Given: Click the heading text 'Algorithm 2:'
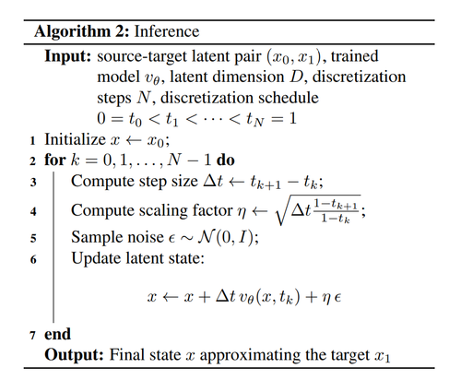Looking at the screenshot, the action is tap(82, 31).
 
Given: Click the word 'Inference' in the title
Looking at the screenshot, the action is tap(167, 31).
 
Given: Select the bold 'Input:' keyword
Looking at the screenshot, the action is tap(68, 56).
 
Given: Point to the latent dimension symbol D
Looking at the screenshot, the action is tap(297, 77).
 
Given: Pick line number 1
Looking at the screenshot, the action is tap(32, 141).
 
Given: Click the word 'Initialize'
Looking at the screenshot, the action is tap(75, 139).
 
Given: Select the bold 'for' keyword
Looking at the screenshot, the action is tap(55, 160).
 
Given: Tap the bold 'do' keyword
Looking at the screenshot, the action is tap(226, 160).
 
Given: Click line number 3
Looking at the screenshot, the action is tap(33, 183).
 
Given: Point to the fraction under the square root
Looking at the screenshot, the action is tap(336, 210).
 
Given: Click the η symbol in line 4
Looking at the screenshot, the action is tap(242, 212).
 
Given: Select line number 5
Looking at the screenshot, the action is tap(33, 239).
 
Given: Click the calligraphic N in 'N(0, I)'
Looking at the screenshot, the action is tap(207, 237).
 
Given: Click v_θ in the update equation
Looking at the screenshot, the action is tap(245, 298).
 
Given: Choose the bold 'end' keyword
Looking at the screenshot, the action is tap(57, 334).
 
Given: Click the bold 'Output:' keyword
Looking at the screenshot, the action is tap(74, 355).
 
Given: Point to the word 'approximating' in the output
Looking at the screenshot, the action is tap(251, 355).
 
